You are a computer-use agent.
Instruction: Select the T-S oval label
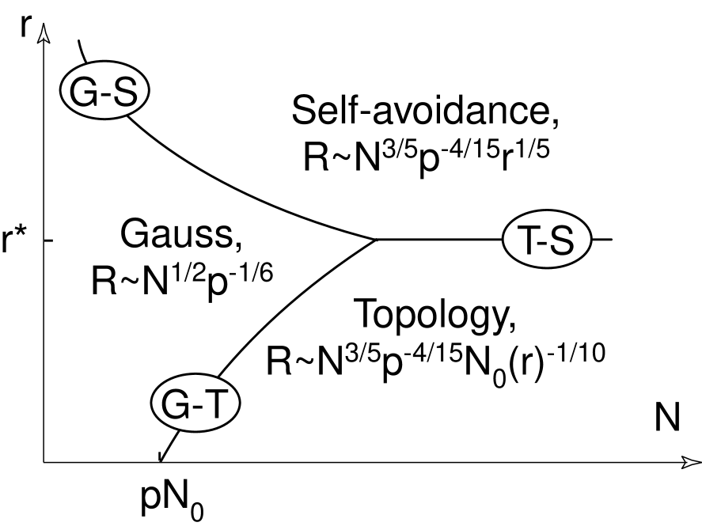tap(547, 239)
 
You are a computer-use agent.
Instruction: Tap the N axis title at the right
tap(666, 418)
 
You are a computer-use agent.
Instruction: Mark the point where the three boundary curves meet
tap(374, 239)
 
